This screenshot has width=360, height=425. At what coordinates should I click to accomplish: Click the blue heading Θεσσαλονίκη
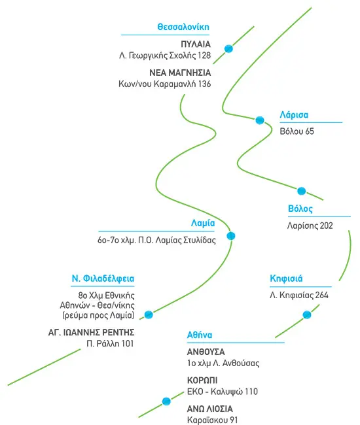[x=183, y=27]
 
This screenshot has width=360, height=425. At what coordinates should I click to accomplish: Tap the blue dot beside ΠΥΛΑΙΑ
[x=228, y=49]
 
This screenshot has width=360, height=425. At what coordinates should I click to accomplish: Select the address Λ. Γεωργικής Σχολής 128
[x=165, y=56]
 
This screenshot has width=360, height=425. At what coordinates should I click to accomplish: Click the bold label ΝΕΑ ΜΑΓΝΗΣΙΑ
[x=180, y=73]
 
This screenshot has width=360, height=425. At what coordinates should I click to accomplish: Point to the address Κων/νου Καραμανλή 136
[x=165, y=84]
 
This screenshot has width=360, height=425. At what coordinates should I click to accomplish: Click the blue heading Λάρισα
[x=294, y=115]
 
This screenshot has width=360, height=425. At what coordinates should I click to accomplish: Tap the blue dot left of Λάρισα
[x=260, y=120]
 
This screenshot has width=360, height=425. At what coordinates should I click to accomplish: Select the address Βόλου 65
[x=297, y=131]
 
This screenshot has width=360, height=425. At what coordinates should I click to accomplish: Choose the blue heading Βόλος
[x=300, y=209]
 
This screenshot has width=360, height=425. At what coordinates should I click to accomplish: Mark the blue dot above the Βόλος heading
[x=301, y=191]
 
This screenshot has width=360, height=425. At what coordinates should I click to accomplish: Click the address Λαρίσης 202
[x=310, y=226]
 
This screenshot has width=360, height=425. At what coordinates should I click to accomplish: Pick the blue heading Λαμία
[x=203, y=223]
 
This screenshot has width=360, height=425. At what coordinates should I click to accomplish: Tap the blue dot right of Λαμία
[x=231, y=236]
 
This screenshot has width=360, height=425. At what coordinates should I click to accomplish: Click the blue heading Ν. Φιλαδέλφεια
[x=103, y=279]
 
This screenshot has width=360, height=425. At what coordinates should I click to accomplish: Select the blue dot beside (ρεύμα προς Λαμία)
[x=149, y=314]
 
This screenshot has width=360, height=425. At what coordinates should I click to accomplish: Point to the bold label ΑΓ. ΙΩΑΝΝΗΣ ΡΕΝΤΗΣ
[x=92, y=332]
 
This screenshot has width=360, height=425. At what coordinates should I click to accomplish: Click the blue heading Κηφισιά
[x=286, y=279]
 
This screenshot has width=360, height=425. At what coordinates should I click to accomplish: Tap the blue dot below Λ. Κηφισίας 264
[x=307, y=314]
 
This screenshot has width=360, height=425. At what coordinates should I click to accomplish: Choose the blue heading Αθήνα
[x=200, y=335]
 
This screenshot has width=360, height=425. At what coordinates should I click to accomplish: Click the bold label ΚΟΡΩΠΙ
[x=202, y=381]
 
